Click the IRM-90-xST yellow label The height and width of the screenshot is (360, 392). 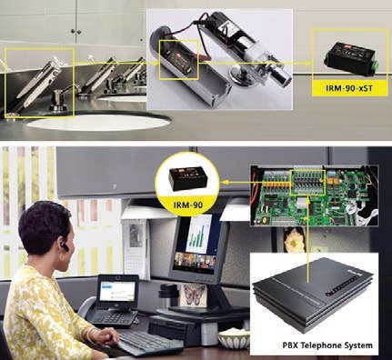pos(349,88)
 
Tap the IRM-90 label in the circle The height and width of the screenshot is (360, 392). pos(188,205)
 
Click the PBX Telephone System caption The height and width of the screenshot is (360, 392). pos(327,345)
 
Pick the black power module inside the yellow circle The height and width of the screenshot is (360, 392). pos(187,179)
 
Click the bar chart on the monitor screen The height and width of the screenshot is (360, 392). pos(198,234)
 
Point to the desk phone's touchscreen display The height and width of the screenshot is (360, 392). pos(117,291)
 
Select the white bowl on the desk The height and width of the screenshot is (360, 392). pos(235,339)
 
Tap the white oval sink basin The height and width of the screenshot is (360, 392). pos(98,122)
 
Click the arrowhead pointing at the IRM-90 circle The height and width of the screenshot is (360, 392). pos(225,182)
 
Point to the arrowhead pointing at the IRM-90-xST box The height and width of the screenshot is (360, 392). pos(308,63)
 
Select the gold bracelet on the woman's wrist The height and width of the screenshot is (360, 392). pos(89,334)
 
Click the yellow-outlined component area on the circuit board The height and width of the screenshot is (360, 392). pos(307,183)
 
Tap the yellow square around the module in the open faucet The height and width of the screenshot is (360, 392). pos(178,60)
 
